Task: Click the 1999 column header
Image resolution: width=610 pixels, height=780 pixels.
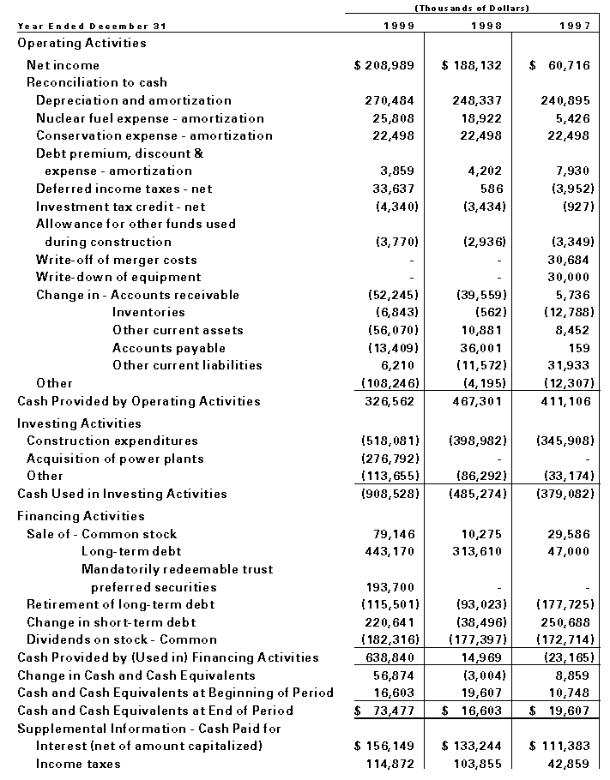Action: pos(397,26)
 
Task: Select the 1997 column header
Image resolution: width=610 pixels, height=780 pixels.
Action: pos(573,26)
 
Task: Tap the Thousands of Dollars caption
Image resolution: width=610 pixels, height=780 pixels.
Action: pos(471,8)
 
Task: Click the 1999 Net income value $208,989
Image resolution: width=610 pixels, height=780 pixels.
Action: pos(384,65)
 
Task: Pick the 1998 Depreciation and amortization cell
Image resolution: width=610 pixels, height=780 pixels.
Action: pos(477,100)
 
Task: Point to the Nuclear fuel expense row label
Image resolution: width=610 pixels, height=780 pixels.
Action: pos(150,118)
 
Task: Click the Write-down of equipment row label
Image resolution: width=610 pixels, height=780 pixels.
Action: pos(118,277)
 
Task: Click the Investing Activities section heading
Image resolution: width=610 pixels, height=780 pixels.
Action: pos(79,423)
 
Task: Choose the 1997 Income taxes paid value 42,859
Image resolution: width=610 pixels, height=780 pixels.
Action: pos(569,764)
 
